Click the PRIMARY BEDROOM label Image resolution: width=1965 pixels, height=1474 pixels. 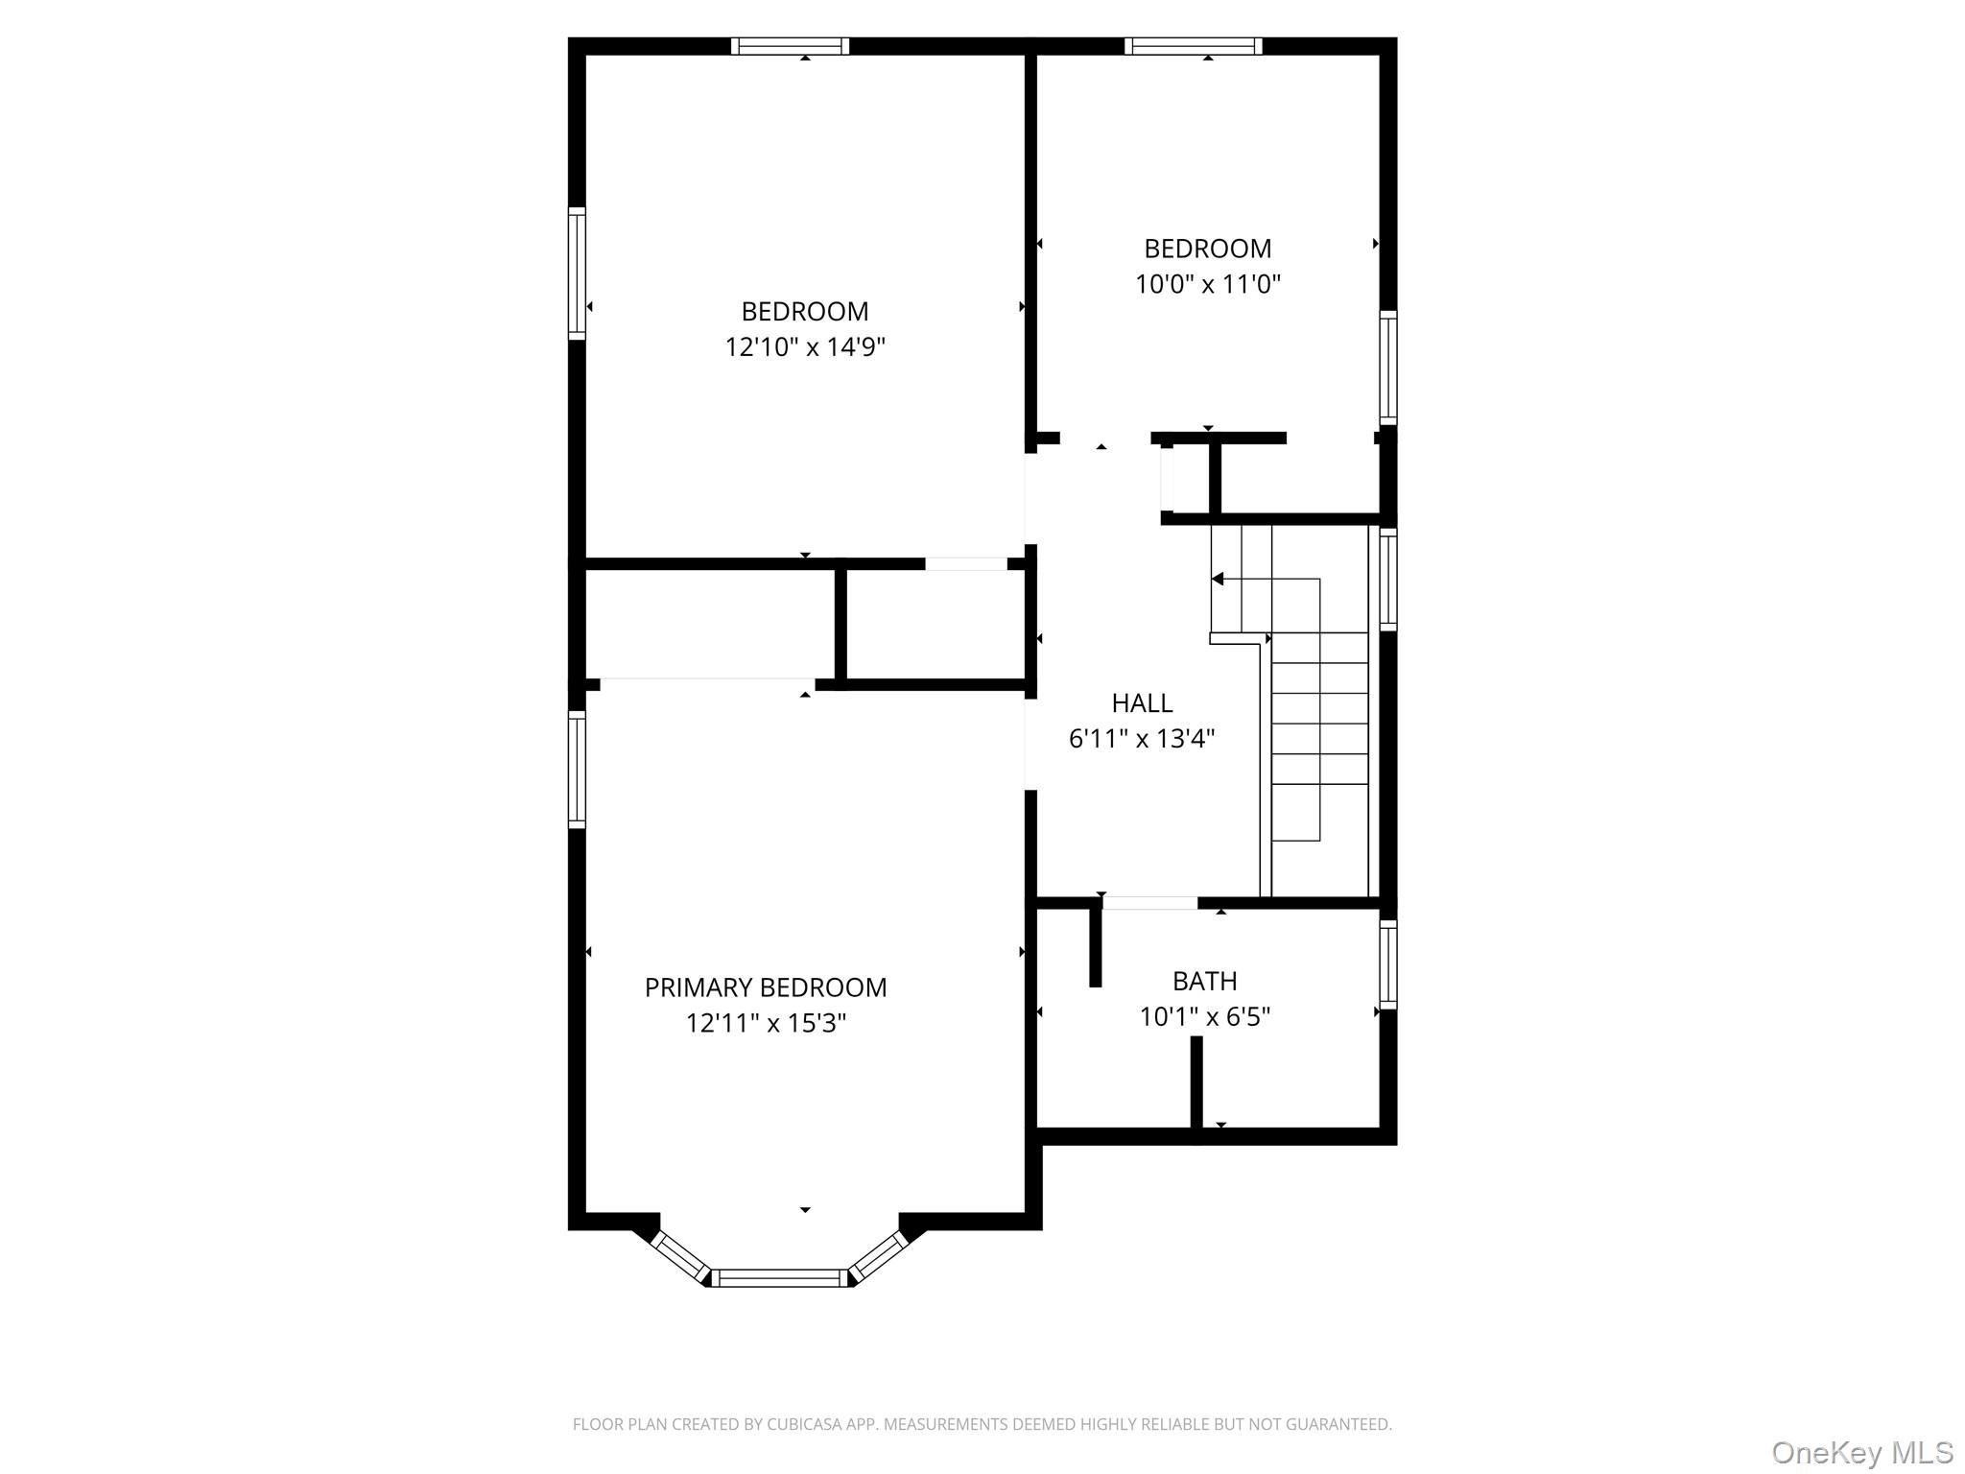[x=765, y=987]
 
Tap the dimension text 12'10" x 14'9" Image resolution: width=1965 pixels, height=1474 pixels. [x=804, y=346]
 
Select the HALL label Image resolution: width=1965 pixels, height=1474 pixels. [x=1142, y=703]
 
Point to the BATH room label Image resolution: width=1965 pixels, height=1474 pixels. [x=1204, y=981]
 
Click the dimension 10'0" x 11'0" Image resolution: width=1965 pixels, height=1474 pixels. [x=1207, y=284]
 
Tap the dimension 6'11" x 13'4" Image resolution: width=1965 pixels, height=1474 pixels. [x=1142, y=739]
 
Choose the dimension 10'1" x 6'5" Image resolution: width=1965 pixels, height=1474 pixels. [x=1204, y=1016]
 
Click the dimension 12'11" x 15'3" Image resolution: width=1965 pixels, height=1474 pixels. [x=765, y=1023]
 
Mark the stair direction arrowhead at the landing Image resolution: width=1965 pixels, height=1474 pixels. [x=1217, y=579]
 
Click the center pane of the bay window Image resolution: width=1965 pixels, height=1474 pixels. [x=781, y=1277]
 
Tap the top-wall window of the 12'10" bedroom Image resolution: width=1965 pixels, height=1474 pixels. [x=790, y=46]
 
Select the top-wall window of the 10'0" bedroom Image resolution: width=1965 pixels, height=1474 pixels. [x=1193, y=46]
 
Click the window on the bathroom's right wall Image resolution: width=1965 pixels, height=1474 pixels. [x=1387, y=963]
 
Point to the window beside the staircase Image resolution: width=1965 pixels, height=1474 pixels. [x=1387, y=579]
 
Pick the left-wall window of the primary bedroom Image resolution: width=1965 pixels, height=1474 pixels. [x=577, y=769]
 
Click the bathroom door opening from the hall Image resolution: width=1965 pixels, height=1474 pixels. [x=1149, y=902]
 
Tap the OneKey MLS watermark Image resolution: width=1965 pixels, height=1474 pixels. [x=1861, y=1452]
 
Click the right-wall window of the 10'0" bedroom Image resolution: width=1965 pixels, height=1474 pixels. [x=1387, y=368]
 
